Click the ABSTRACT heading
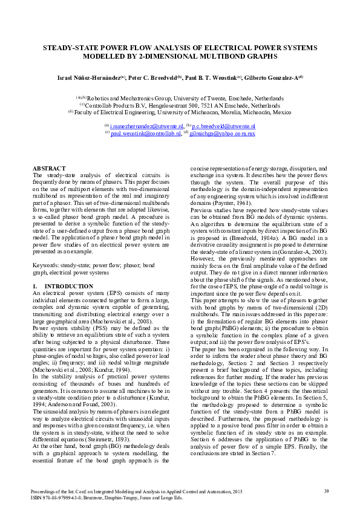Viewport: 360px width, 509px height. pyautogui.click(x=48, y=168)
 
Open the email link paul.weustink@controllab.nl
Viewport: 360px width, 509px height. pyautogui.click(x=145, y=133)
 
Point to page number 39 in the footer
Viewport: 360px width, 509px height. pyautogui.click(x=326, y=491)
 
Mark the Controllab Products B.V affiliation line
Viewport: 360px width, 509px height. pyautogui.click(x=180, y=105)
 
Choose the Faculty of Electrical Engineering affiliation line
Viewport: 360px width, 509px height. pyautogui.click(x=180, y=112)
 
